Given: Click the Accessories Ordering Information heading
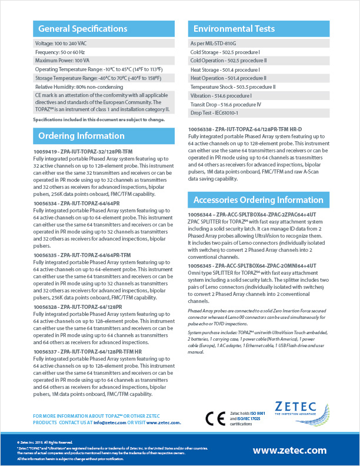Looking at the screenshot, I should [258, 199].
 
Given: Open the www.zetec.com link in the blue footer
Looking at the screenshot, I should [289, 450].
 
